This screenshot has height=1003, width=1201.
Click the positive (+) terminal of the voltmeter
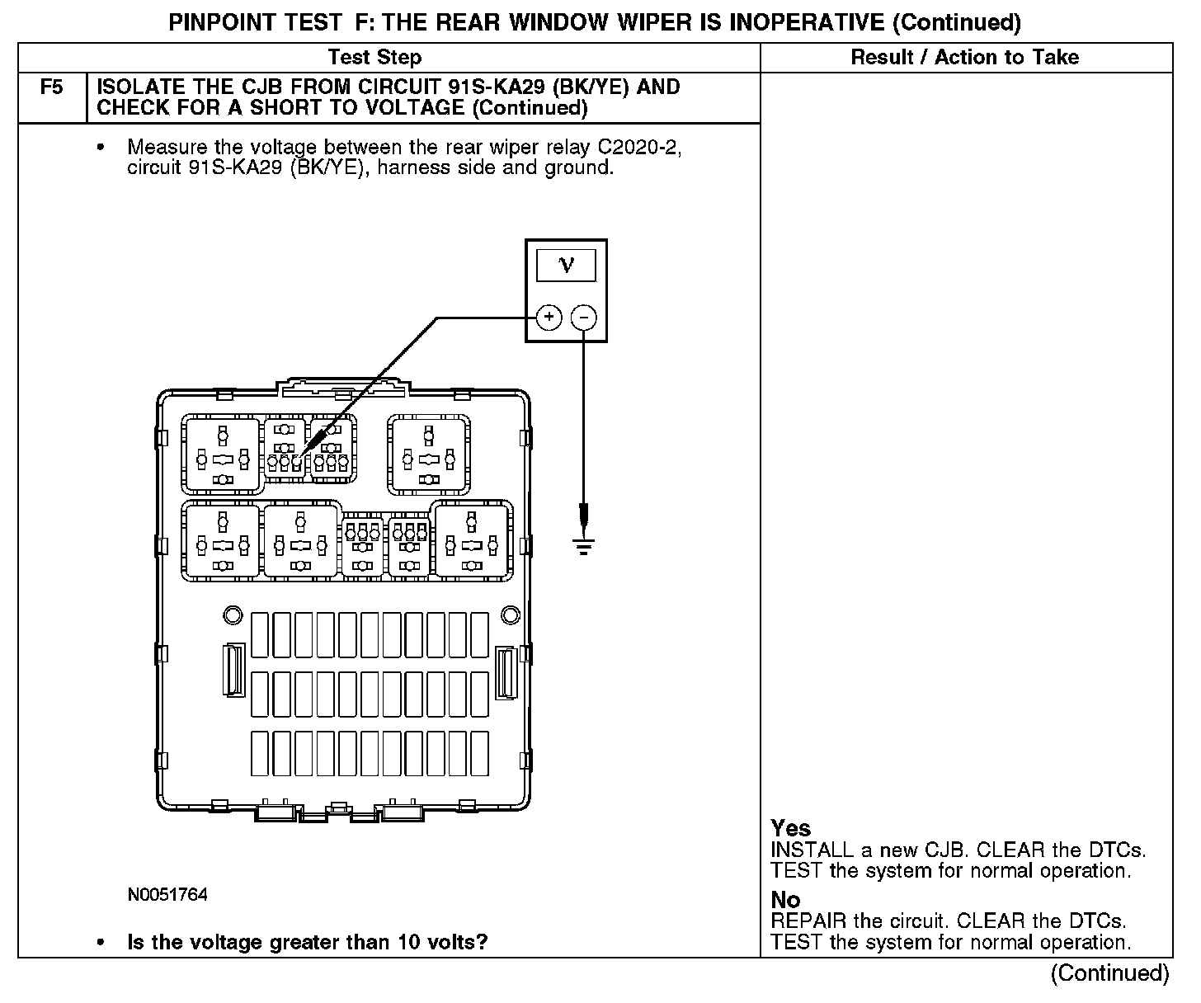(549, 318)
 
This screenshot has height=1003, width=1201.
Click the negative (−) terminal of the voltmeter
(584, 318)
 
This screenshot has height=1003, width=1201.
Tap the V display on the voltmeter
(566, 265)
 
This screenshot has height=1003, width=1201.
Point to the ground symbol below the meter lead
(584, 545)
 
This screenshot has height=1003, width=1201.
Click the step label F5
(51, 87)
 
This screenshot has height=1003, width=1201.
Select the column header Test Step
(374, 57)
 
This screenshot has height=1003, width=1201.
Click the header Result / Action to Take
(964, 57)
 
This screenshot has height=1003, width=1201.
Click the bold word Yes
(790, 828)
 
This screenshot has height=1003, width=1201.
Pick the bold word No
(785, 900)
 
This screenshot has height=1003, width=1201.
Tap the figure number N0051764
(167, 895)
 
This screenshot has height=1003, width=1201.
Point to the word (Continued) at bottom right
(1109, 973)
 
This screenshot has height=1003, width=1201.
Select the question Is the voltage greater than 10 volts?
(307, 942)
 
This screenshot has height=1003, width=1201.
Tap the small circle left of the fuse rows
(233, 615)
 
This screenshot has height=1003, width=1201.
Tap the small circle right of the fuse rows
(511, 615)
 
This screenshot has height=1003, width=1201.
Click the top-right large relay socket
(430, 454)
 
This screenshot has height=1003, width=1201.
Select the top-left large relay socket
(222, 454)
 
